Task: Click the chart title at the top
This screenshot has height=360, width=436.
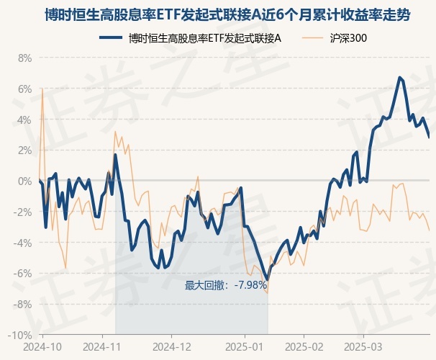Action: click(218, 14)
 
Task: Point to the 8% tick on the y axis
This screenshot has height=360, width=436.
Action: click(24, 58)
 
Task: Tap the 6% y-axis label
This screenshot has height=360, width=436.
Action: click(24, 89)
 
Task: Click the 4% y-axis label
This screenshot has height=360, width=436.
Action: click(24, 120)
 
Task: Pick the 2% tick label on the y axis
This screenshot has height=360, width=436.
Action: click(24, 150)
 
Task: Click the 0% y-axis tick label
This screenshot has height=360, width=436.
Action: click(24, 181)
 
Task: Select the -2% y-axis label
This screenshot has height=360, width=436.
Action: click(23, 212)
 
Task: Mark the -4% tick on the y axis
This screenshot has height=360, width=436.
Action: click(23, 243)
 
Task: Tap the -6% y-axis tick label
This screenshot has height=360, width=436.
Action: click(23, 274)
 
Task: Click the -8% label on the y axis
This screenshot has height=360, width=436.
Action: click(23, 305)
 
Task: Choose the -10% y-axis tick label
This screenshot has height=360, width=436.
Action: click(21, 336)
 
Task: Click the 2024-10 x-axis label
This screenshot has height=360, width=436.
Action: click(42, 346)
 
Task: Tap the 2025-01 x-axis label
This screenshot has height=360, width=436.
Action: click(244, 346)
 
